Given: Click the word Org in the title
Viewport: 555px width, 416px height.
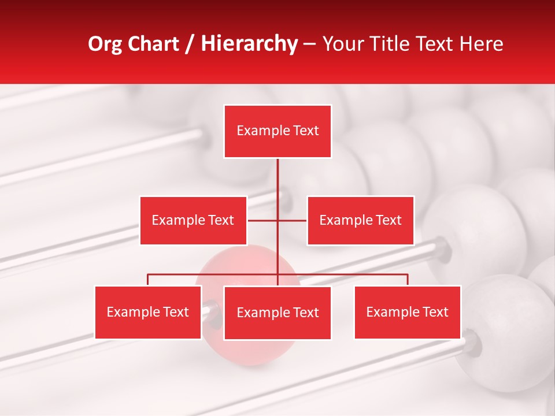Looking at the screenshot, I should point(106,44).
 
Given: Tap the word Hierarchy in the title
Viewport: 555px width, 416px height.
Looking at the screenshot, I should point(249,44).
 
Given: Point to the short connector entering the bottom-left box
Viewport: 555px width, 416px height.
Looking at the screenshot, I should point(148,280).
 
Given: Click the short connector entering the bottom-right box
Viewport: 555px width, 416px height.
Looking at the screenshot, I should point(408,280).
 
